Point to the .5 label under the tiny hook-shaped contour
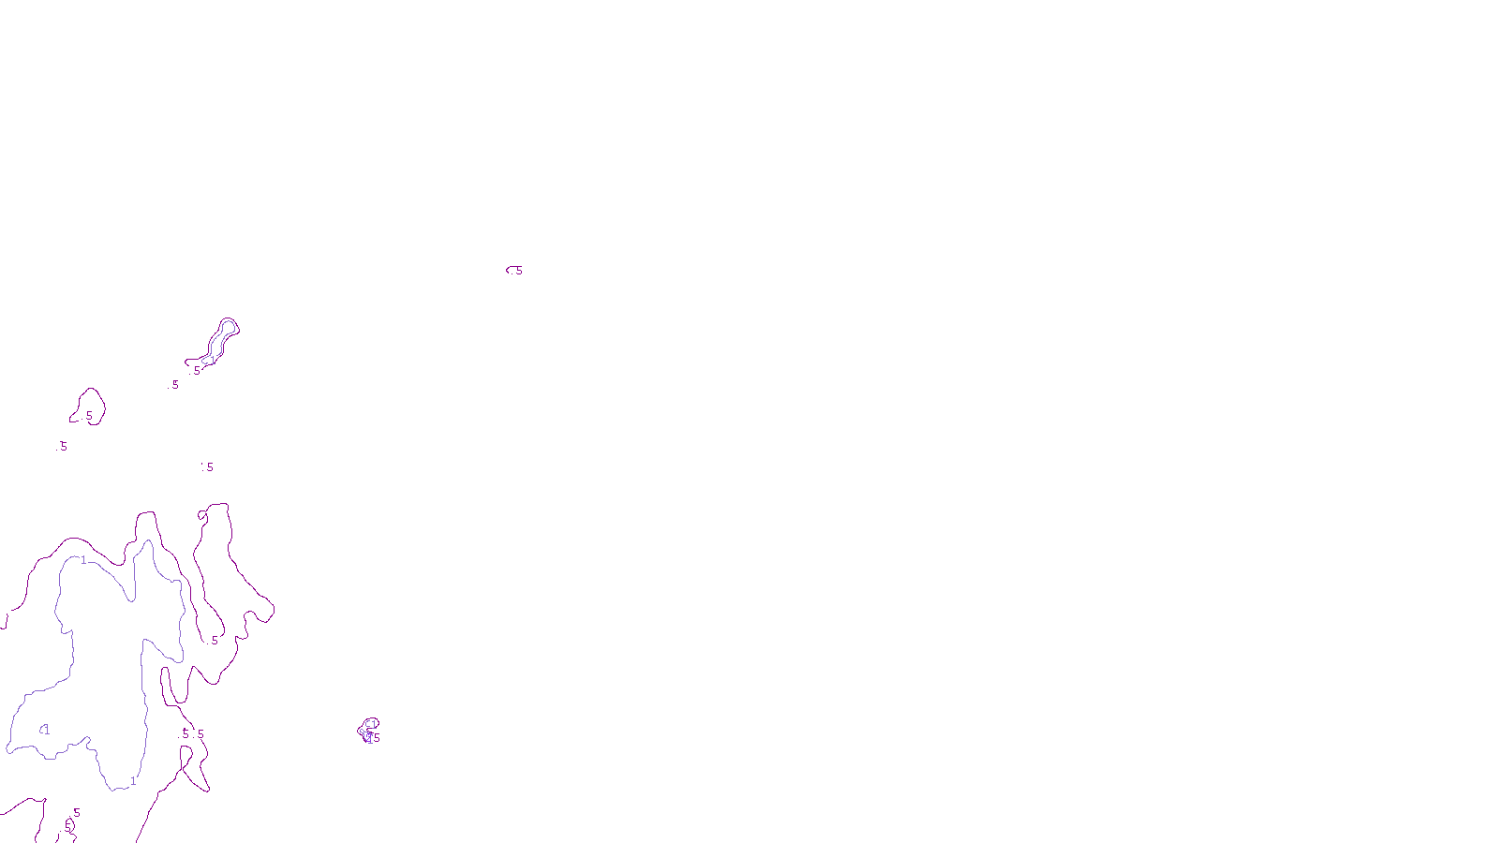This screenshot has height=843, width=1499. (x=517, y=272)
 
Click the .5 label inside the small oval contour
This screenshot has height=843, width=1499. (x=88, y=416)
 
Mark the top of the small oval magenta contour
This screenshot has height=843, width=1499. (x=90, y=388)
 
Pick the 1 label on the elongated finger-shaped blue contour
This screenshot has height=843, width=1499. (x=213, y=360)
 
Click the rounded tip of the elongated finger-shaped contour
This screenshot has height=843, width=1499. (x=228, y=323)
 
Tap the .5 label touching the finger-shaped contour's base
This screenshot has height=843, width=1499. (x=196, y=371)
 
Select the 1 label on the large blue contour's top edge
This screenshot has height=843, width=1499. (x=83, y=560)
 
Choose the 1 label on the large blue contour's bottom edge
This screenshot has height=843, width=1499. (x=133, y=780)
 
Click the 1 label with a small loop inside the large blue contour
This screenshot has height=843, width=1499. (x=45, y=730)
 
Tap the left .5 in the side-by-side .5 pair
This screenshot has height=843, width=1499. (x=185, y=734)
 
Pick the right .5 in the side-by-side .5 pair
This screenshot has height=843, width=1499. (x=200, y=734)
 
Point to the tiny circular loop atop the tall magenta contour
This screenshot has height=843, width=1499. (x=201, y=514)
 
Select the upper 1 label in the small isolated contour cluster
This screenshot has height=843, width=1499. (x=372, y=724)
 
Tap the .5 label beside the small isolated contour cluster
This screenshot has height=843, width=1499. (x=377, y=738)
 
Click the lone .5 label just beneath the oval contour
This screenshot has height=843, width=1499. (x=62, y=447)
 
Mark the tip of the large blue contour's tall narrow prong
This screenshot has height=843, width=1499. (x=145, y=543)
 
